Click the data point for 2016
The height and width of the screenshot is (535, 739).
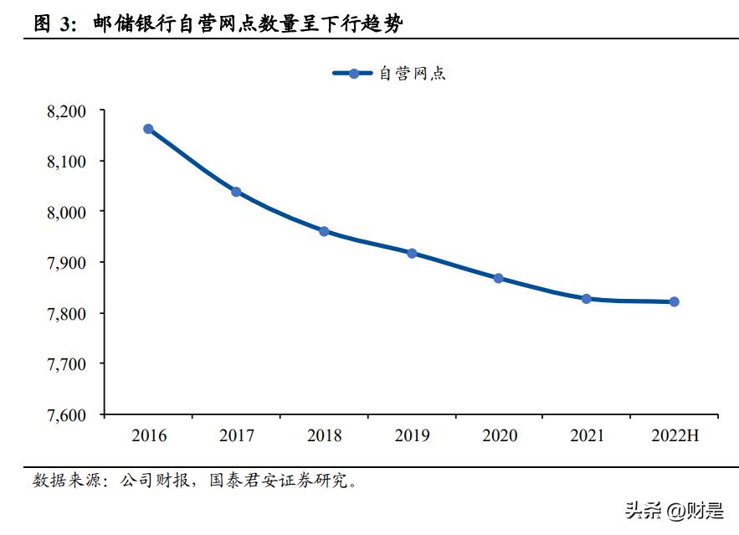(148, 129)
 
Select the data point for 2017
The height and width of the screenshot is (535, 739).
(236, 192)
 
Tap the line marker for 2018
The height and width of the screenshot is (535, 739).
(324, 231)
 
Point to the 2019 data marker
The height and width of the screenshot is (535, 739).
(412, 253)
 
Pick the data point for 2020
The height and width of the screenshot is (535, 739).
(498, 278)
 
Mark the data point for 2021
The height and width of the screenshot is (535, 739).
(587, 298)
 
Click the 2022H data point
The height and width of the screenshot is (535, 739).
(674, 301)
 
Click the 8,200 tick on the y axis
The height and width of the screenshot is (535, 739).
(69, 111)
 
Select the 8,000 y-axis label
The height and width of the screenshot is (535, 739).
(69, 212)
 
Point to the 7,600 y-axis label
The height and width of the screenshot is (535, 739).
(69, 415)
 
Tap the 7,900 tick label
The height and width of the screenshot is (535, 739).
(69, 263)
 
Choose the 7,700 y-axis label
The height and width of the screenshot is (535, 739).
(69, 364)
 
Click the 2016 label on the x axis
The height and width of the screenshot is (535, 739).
(149, 435)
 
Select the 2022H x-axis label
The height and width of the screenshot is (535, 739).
(674, 435)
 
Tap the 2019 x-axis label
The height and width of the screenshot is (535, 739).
(412, 435)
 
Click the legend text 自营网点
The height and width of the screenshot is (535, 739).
(413, 74)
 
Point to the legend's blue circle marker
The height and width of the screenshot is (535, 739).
(354, 74)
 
